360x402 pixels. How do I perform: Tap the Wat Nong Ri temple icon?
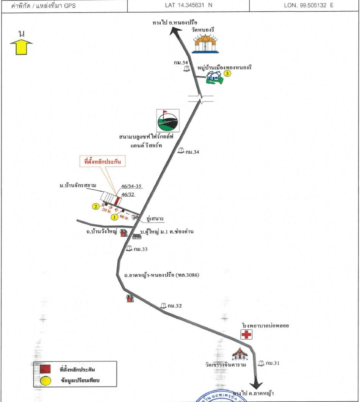click(x=205, y=44)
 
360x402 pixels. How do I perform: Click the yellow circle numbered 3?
click(x=227, y=74)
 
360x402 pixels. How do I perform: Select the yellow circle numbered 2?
click(x=96, y=206)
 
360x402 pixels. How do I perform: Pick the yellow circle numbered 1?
click(x=113, y=217)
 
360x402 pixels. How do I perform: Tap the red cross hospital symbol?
click(x=247, y=335)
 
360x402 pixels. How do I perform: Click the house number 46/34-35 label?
click(x=130, y=186)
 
